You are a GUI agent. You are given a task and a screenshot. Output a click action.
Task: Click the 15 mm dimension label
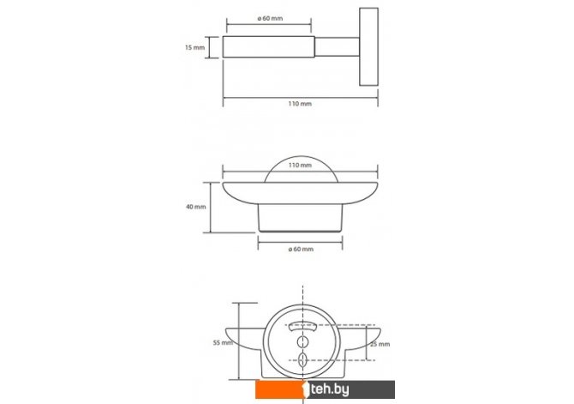point(194,47)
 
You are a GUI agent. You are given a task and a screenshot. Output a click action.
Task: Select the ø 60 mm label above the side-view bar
point(270,18)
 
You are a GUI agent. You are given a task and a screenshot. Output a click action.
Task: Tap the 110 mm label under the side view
point(300,104)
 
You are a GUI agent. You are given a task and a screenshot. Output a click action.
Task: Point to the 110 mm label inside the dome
point(300,166)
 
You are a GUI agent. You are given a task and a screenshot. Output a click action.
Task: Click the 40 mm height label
point(196,207)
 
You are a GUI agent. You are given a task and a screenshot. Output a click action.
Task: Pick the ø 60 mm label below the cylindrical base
point(301,250)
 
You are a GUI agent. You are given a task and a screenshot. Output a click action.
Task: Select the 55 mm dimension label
point(223,343)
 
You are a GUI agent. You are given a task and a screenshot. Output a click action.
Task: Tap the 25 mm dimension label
point(380,344)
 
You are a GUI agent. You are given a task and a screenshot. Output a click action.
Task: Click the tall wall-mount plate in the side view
point(368,46)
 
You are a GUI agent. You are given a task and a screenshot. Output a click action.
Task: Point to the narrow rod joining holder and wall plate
point(337,47)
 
